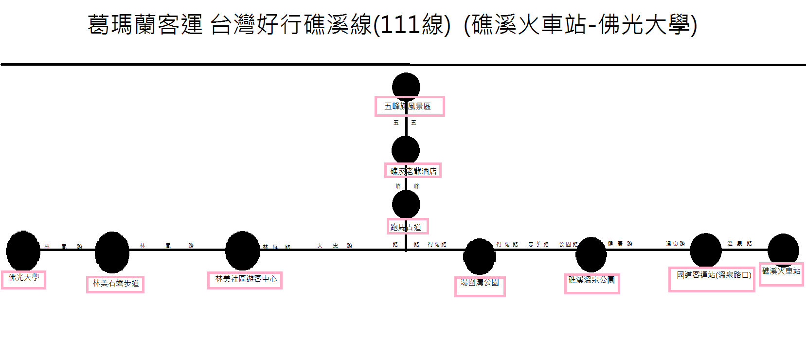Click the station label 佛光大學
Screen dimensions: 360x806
point(23,278)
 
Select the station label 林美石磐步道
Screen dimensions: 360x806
point(116,283)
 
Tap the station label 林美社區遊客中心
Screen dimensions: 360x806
point(246,279)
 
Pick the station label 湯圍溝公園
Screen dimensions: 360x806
point(480,283)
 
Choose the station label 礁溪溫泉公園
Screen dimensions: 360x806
point(591,280)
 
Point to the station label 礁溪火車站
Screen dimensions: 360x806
point(781,271)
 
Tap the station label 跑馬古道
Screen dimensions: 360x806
point(406,227)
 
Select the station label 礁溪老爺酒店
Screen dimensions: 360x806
point(413,171)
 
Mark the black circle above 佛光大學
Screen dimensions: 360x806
point(23,251)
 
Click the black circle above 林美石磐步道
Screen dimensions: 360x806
point(112,252)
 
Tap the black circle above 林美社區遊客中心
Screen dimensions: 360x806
point(242,251)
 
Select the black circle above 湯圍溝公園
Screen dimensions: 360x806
point(479,256)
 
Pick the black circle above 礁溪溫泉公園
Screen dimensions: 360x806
point(591,254)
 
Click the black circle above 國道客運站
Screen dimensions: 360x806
point(705,250)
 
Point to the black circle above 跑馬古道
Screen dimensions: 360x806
point(406,204)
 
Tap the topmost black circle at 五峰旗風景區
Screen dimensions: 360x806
point(406,86)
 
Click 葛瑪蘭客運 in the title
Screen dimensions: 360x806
point(145,24)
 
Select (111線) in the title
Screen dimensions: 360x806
point(412,24)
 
